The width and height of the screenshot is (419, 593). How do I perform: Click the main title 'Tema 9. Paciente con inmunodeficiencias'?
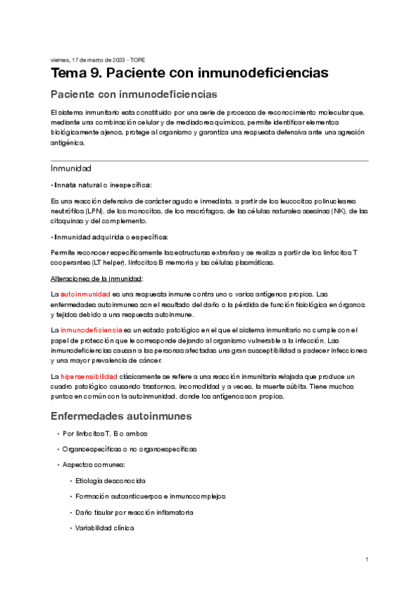[x=189, y=73]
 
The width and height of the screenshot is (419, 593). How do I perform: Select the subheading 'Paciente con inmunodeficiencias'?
[x=133, y=94]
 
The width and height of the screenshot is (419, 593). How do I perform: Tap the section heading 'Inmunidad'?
[x=71, y=169]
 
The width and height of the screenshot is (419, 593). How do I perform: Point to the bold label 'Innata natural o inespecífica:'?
[x=102, y=185]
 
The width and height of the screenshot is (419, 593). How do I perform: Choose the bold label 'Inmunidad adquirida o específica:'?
[x=109, y=237]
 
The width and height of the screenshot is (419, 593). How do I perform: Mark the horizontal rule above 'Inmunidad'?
[x=209, y=161]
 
